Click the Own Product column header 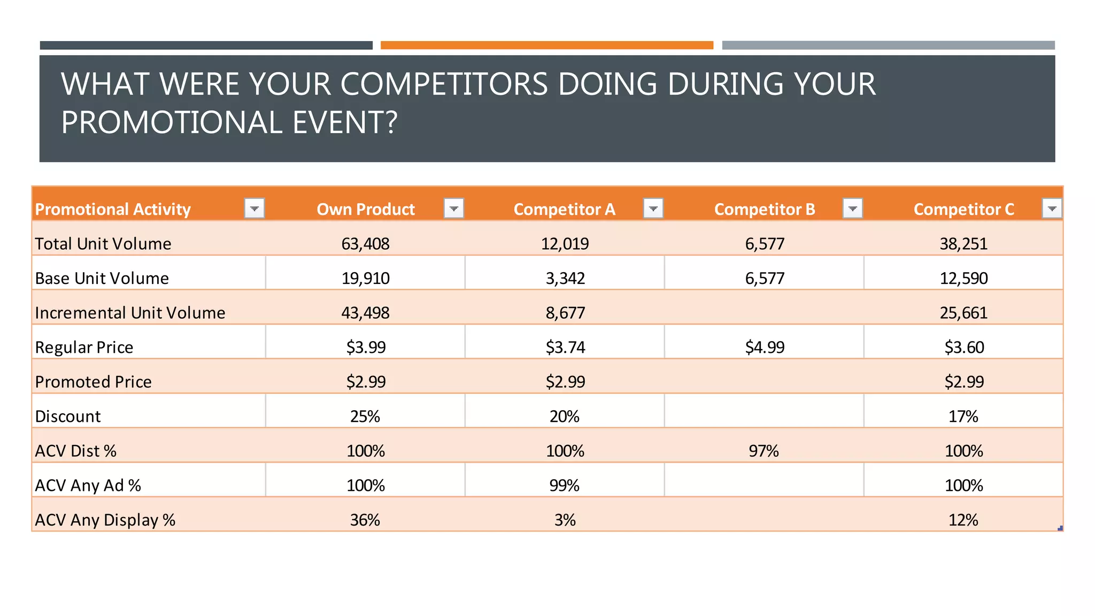[365, 209]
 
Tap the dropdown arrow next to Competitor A [653, 208]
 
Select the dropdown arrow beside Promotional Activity [255, 208]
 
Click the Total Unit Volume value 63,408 [365, 244]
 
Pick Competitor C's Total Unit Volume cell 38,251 [963, 244]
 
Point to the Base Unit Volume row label [102, 279]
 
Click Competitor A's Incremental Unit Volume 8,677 [565, 313]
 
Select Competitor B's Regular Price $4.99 [765, 348]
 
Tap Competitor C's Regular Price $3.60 [963, 348]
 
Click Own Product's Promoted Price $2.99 [366, 382]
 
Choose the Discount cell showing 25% [365, 417]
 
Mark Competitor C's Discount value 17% [963, 417]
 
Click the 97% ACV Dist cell [764, 451]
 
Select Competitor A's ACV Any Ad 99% [565, 486]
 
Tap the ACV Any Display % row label [105, 520]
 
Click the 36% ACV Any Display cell [365, 520]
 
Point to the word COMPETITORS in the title [444, 84]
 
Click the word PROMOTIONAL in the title [172, 122]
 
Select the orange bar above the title [546, 45]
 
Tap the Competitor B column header [765, 209]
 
